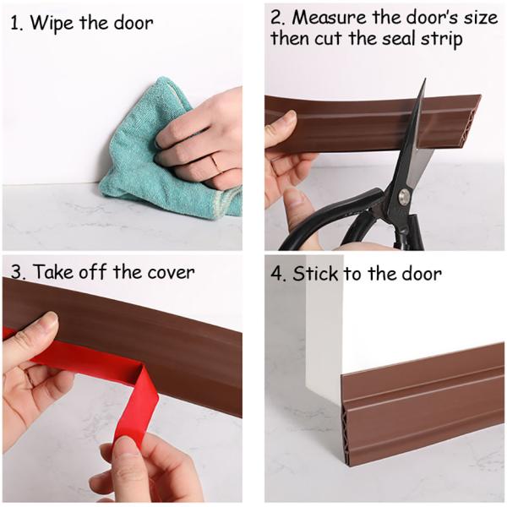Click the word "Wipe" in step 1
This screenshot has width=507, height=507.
pos(52,24)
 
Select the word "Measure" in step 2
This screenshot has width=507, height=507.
pos(330,18)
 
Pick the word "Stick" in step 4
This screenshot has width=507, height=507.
pos(315,274)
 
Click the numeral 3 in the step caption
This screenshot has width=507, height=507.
pos(16,272)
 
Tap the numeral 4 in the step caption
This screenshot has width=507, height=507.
pos(277,274)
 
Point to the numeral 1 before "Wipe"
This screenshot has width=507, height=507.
pos(14,24)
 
